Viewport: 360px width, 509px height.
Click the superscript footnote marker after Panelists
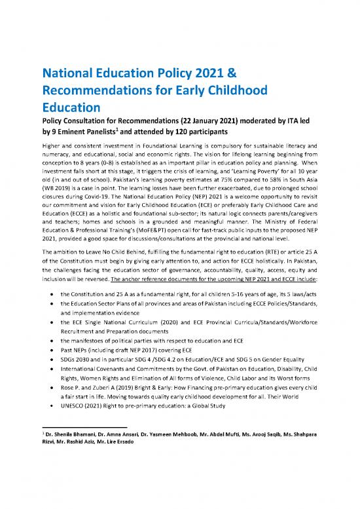124,129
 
